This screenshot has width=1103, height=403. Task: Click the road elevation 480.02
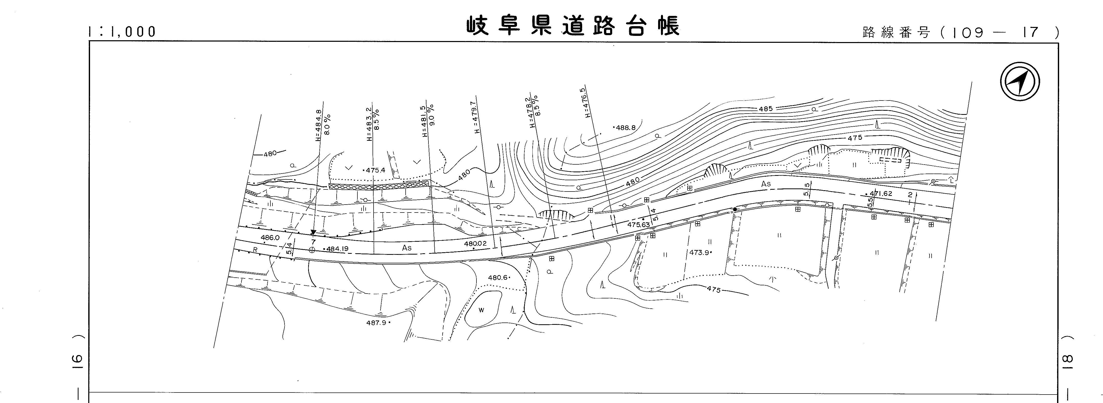click(475, 244)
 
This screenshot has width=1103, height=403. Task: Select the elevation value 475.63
click(638, 224)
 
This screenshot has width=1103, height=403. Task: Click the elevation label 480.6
click(498, 278)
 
